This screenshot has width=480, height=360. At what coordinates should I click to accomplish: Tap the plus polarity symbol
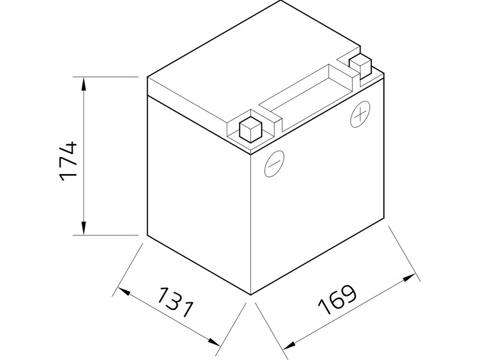tap(359, 114)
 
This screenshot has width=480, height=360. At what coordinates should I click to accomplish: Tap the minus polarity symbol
tap(274, 164)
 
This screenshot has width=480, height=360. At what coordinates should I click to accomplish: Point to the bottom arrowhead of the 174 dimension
tap(83, 229)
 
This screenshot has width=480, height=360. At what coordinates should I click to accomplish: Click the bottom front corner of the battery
tap(249, 295)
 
